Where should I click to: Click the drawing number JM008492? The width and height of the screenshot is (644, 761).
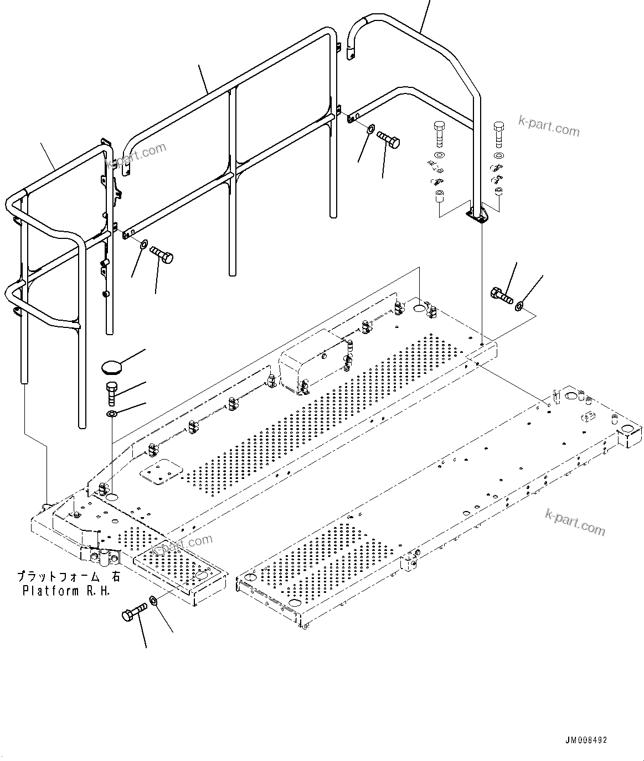(x=586, y=739)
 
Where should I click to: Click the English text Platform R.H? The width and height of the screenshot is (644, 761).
(x=66, y=590)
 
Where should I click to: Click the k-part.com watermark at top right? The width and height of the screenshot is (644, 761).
(x=549, y=127)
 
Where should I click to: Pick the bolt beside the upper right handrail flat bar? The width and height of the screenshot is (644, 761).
(x=389, y=139)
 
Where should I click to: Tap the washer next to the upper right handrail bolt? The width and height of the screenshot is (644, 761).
(x=370, y=130)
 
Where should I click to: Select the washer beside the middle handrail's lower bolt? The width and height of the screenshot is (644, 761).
(x=143, y=244)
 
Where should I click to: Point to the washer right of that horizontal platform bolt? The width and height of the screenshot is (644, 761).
(x=520, y=306)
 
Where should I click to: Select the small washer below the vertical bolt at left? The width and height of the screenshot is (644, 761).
(x=111, y=414)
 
